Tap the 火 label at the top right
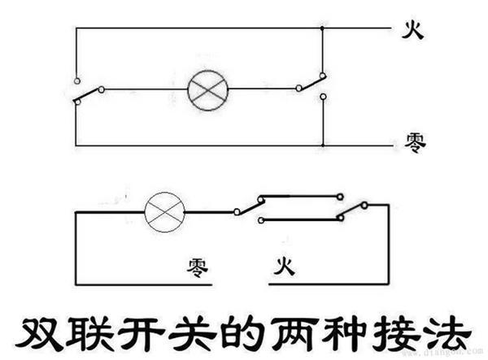(x=412, y=30)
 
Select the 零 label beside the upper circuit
(x=415, y=143)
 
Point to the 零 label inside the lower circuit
(x=198, y=268)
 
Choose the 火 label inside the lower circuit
(x=284, y=266)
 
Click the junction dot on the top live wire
(x=322, y=28)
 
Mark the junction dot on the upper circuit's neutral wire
(x=323, y=145)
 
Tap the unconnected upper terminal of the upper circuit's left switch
(x=77, y=81)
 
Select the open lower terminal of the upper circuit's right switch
(x=324, y=97)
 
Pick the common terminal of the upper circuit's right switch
(x=298, y=89)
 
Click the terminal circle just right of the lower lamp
(x=237, y=212)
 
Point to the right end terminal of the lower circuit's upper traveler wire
(x=340, y=197)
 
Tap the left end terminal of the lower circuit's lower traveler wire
(x=261, y=220)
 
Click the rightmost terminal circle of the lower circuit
(x=364, y=205)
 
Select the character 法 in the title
(x=447, y=333)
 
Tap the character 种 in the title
(x=343, y=333)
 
